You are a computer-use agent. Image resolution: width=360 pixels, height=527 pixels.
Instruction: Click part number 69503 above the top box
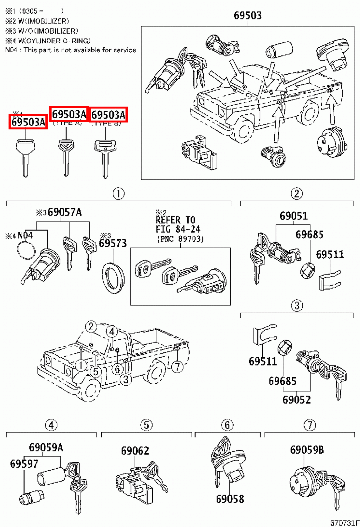[x=247, y=15]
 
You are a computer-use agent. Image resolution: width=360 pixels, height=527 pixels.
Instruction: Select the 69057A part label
[x=64, y=212]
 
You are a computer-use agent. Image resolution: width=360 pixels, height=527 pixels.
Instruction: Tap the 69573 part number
[x=113, y=243]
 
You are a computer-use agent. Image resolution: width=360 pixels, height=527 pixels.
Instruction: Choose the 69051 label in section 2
[x=294, y=216]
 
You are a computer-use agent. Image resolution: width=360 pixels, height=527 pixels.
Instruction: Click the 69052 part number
[x=296, y=400]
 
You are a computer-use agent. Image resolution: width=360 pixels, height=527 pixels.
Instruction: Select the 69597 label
[x=24, y=464]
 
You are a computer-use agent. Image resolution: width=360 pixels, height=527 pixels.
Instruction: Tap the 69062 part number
[x=135, y=451]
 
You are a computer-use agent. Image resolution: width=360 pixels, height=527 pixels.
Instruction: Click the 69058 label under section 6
[x=230, y=499]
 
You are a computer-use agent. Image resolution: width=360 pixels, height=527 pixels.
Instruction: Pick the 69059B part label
[x=307, y=450]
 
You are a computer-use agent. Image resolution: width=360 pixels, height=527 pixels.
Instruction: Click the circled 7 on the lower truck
[x=177, y=366]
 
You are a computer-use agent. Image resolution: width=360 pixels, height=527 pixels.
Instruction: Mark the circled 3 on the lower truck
[x=126, y=379]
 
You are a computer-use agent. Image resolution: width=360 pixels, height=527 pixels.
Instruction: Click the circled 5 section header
[x=146, y=425]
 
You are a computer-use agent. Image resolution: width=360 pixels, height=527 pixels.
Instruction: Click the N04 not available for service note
[x=70, y=50]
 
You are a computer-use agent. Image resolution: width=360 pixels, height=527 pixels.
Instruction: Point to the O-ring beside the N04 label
[x=26, y=251]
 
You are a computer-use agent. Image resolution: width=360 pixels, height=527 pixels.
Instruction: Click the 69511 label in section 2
[x=330, y=255]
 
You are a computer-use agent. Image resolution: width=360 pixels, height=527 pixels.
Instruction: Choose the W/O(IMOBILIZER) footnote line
[x=42, y=31]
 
